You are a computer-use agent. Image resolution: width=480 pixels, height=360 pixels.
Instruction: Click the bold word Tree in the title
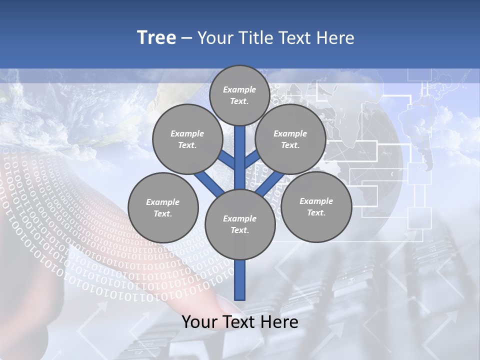coord(156,37)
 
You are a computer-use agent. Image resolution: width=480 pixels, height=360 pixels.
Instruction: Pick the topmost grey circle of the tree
coord(239,95)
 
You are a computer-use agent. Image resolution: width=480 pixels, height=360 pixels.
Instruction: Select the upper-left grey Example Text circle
coord(187,139)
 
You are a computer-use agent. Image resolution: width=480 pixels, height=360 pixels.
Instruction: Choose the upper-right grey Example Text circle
coord(290,139)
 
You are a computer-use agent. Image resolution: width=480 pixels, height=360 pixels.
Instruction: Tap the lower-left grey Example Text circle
coord(163,207)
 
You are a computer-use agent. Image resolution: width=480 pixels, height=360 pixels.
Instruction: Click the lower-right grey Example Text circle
coord(316,206)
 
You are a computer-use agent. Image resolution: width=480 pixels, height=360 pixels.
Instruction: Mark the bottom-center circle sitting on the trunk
coord(240,224)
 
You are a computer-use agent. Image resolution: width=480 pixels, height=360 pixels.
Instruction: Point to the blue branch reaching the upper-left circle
coord(226,160)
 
